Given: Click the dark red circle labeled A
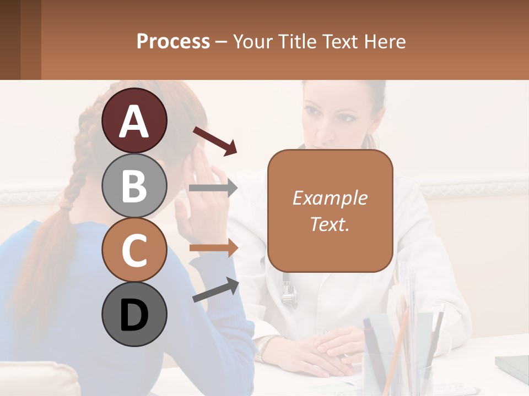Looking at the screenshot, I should (x=134, y=120).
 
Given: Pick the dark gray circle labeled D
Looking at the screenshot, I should (x=134, y=314).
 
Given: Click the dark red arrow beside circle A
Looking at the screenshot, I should (x=214, y=141).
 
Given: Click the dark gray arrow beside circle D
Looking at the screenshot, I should (x=215, y=290).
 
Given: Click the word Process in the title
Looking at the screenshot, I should (x=173, y=41).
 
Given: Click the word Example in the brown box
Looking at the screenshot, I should (x=330, y=198).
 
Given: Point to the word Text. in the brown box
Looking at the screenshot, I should (x=330, y=224).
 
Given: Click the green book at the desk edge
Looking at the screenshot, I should (x=512, y=366).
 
